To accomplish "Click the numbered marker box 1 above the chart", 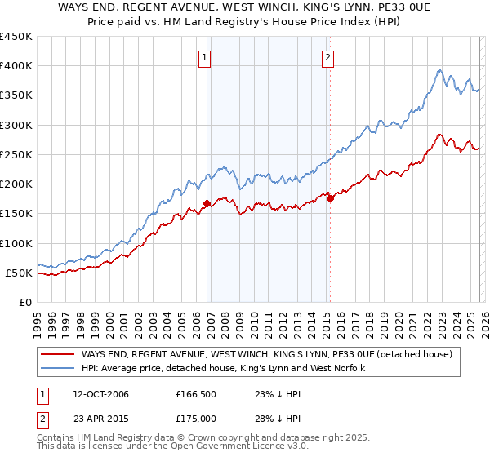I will pos(203,57).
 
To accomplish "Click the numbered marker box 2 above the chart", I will pos(327,57).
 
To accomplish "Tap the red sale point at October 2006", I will pos(207,203).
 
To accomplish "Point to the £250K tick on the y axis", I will pos(16,155).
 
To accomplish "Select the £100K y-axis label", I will pos(16,243).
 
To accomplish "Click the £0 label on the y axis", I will pos(24,302).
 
